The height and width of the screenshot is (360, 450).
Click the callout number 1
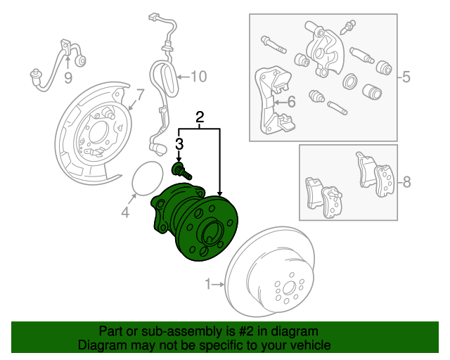(208, 284)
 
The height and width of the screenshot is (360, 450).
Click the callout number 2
(200, 117)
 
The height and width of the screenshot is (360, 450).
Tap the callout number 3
(179, 144)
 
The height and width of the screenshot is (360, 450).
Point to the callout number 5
(406, 77)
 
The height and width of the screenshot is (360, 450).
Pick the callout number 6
(291, 103)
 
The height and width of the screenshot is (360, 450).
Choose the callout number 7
(139, 94)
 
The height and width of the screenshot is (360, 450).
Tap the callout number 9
(68, 77)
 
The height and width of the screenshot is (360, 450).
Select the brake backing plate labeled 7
(95, 130)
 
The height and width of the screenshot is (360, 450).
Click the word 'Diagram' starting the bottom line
(103, 346)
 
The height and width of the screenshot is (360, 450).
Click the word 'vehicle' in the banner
(308, 346)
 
